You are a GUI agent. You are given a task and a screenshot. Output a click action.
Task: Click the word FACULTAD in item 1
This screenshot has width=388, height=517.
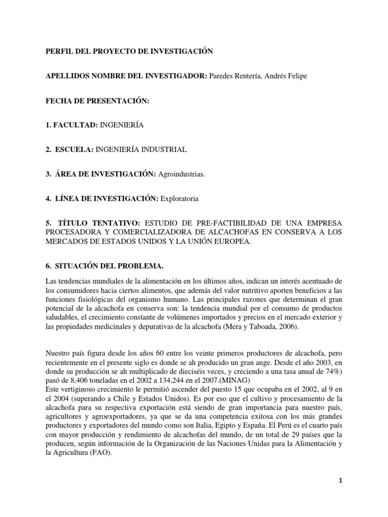click(76, 125)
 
